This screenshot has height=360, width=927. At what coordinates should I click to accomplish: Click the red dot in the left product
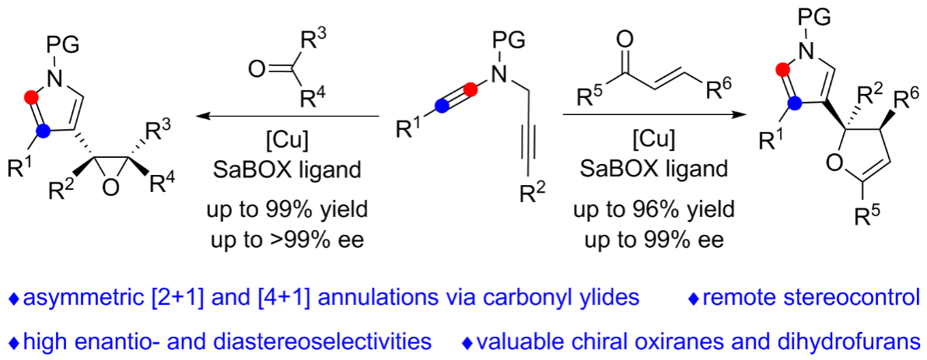(31, 97)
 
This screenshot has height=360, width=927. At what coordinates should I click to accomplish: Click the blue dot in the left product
(44, 131)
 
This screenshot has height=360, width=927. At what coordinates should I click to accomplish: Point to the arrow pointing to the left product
(288, 117)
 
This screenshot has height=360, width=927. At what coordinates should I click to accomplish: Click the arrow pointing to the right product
(649, 117)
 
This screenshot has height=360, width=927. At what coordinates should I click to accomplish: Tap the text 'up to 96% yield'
(649, 211)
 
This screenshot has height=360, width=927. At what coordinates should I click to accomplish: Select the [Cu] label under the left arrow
(288, 143)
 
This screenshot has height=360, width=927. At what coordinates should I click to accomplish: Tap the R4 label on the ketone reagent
(311, 101)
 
